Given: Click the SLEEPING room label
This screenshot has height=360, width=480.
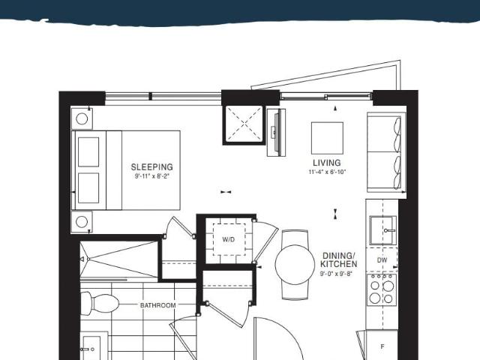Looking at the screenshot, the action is point(151,167).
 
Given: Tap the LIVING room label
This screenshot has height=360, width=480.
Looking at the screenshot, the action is point(327,163).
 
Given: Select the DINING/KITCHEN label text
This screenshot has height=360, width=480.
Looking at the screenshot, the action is point(338,260).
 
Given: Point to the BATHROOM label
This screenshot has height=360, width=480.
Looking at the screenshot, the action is point(158,305).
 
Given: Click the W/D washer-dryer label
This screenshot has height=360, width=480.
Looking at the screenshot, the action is point(229,239).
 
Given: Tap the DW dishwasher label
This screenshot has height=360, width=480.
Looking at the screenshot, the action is point(382,260).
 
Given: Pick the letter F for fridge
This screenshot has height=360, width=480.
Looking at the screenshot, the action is point(382,346).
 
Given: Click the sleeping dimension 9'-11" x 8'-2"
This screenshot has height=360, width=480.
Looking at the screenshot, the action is point(152,176).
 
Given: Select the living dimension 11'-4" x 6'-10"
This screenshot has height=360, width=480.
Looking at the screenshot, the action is point(327,172).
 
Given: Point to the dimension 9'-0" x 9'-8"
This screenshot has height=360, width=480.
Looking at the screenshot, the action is point(336,274).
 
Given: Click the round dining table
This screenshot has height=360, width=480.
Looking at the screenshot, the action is point(295,265).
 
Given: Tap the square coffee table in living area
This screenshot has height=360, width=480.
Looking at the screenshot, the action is point(327,138).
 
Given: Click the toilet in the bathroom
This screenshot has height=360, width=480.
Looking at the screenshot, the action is point(99,303).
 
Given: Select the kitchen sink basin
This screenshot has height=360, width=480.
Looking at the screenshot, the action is point(383,230).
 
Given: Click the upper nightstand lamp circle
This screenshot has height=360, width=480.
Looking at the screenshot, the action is point(82,118).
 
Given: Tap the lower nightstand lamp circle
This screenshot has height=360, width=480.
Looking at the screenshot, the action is point(82,222).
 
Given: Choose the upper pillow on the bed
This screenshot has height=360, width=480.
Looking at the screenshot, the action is point(88,151).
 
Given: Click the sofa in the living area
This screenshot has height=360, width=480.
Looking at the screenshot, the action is point(386,152).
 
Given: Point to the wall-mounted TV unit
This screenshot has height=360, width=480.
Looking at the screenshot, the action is point(277,132).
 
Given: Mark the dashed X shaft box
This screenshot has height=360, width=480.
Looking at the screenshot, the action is point(244,124).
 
